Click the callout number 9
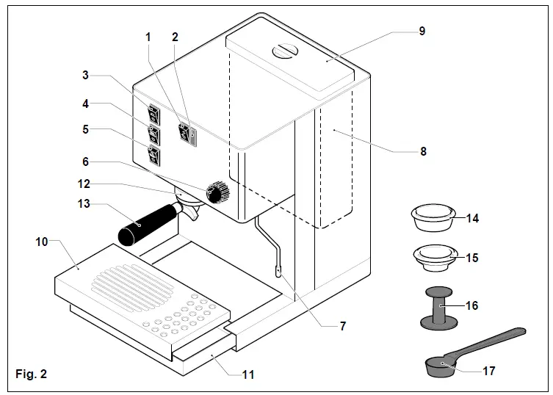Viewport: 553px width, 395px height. [422, 32]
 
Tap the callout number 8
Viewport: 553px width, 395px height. [423, 152]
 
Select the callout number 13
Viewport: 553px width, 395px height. [84, 204]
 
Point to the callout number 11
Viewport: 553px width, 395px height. [248, 374]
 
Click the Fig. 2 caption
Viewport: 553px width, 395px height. [31, 374]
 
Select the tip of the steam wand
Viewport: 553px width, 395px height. [280, 272]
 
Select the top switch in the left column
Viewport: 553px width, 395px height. [153, 113]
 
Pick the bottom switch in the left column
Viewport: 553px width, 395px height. [153, 155]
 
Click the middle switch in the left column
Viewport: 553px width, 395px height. [153, 134]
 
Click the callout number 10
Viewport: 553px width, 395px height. [42, 242]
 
